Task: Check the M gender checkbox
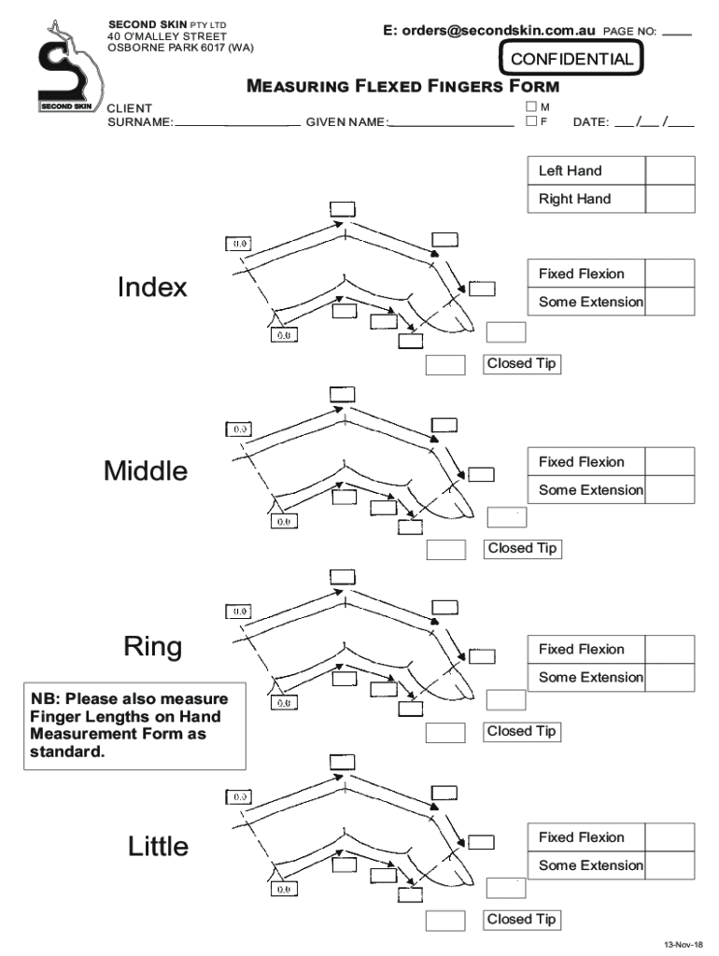click(x=531, y=107)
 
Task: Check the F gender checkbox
click(x=531, y=121)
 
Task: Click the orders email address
click(x=488, y=31)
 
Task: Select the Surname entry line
click(x=237, y=122)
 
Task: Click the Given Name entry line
click(x=452, y=122)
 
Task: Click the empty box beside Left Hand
click(x=670, y=171)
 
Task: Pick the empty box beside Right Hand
click(x=670, y=199)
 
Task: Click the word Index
click(x=152, y=288)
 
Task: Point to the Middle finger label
click(x=146, y=471)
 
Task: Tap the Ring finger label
click(x=153, y=647)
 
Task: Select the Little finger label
click(x=158, y=847)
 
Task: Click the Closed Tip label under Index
click(x=522, y=364)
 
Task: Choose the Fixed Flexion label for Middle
click(x=582, y=462)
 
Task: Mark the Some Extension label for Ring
click(x=590, y=677)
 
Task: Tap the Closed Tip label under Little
click(x=522, y=920)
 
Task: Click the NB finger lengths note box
click(x=136, y=725)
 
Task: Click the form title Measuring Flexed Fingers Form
click(x=402, y=87)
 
